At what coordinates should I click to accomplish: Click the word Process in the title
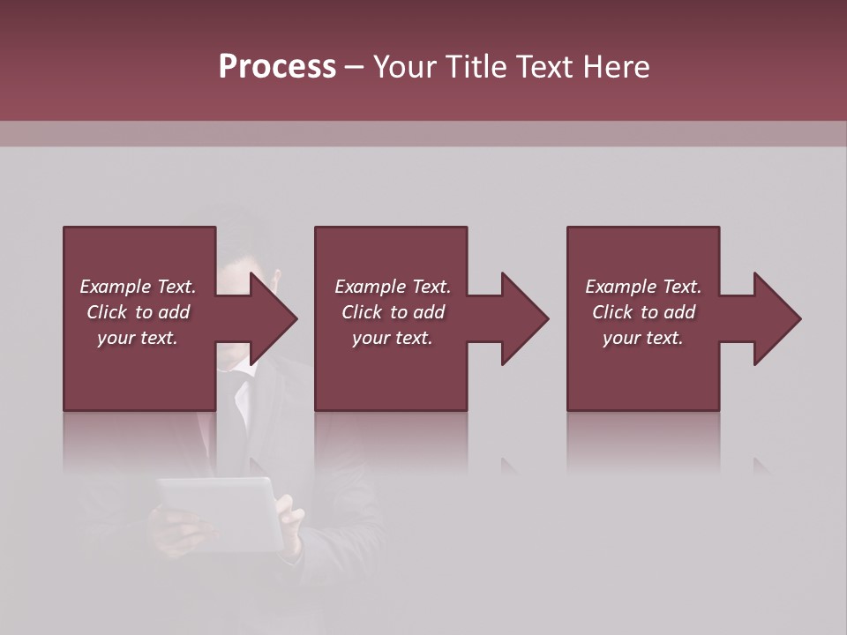pos(277,67)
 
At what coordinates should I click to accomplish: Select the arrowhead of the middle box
pos(523,318)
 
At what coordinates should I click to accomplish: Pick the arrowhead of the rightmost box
pos(776,318)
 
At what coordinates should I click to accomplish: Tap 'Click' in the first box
pos(107,312)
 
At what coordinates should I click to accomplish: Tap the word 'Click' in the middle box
pos(362,312)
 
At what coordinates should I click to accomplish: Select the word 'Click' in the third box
pos(612,312)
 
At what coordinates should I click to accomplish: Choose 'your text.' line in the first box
pos(138,338)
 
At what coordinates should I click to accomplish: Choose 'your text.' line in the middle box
pos(392,338)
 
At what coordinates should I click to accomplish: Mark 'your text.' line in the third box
pos(643,338)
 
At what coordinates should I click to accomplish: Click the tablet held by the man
pos(221,512)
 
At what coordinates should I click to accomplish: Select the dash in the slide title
pos(355,67)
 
